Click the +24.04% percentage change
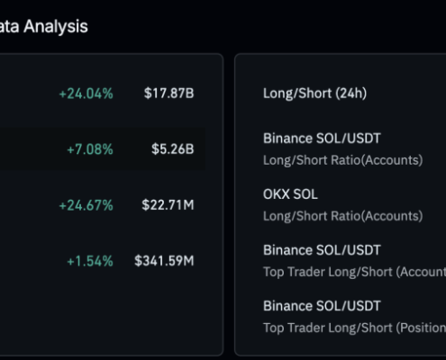(x=86, y=93)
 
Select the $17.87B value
(x=168, y=93)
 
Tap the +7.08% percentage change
(x=89, y=148)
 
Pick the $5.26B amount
(x=172, y=148)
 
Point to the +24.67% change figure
(x=86, y=205)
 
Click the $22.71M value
(x=168, y=205)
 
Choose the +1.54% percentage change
(x=89, y=261)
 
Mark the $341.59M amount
(x=164, y=261)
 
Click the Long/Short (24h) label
(x=314, y=93)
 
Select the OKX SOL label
(x=290, y=194)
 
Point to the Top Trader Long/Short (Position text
(x=354, y=328)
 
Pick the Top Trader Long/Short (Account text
(x=354, y=272)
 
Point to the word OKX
(x=277, y=194)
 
